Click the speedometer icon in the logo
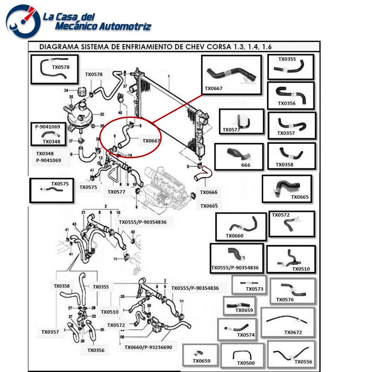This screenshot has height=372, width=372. pyautogui.click(x=23, y=21)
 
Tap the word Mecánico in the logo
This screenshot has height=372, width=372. pyautogui.click(x=77, y=26)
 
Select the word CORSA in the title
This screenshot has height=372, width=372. pyautogui.click(x=220, y=47)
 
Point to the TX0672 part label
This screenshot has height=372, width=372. pyautogui.click(x=293, y=332)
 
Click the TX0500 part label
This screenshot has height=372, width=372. pyautogui.click(x=246, y=363)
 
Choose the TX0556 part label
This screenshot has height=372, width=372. pyautogui.click(x=303, y=362)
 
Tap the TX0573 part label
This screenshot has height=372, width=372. pyautogui.click(x=254, y=289)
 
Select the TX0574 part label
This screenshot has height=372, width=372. pyautogui.click(x=246, y=335)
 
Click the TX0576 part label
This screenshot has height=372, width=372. pyautogui.click(x=285, y=300)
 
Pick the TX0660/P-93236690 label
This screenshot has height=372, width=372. pyautogui.click(x=148, y=347)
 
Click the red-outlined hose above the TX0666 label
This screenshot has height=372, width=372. pyautogui.click(x=203, y=174)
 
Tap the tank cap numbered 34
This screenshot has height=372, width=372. pyautogui.click(x=82, y=92)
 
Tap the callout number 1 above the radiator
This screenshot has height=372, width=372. pyautogui.click(x=169, y=76)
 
